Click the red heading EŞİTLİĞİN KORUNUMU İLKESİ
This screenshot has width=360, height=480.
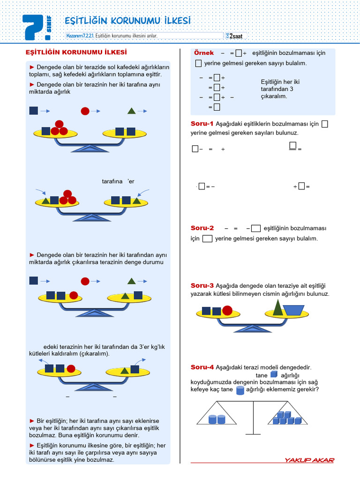click(76, 52)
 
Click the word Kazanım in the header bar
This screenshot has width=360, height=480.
click(75, 36)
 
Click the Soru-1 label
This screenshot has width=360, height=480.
click(202, 124)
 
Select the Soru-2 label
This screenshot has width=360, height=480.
click(202, 228)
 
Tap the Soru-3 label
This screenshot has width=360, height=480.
click(202, 285)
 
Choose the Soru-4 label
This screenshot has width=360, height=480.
click(202, 367)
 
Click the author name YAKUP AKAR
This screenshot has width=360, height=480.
click(309, 460)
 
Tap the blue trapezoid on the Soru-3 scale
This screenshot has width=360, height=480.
click(293, 310)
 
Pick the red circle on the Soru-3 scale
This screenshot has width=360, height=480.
click(227, 310)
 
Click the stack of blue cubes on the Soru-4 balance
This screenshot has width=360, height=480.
click(286, 418)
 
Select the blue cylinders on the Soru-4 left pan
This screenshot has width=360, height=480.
click(217, 419)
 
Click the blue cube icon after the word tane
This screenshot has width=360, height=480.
click(274, 375)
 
